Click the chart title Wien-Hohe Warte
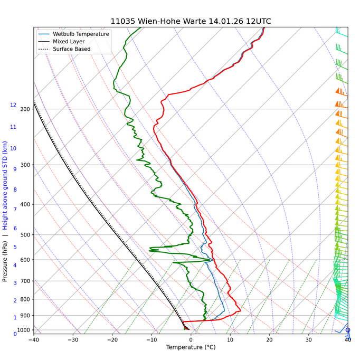coord(191,21)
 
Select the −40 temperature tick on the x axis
coord(34,339)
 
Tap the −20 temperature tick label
coord(112,339)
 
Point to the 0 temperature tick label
coord(191,339)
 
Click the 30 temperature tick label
coord(309,339)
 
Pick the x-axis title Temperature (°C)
coord(191,347)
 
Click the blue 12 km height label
coord(13,105)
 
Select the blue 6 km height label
coord(15,229)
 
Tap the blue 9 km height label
coord(15,169)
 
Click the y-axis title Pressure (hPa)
coord(5,262)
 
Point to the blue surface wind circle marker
coord(348,330)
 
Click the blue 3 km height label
coord(15,283)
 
